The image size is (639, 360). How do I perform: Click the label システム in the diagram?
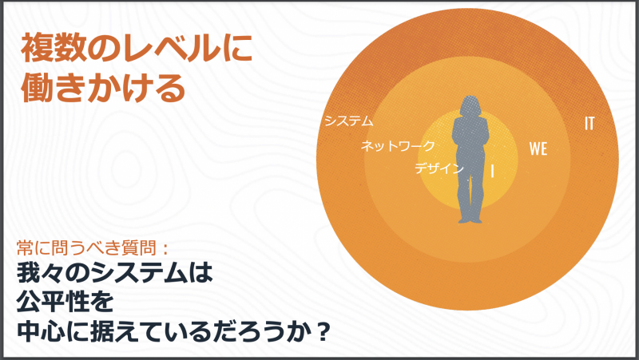click(348, 121)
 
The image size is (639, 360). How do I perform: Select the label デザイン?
click(439, 168)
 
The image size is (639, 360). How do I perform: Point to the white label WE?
click(538, 148)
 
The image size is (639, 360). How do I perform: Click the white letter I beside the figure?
click(492, 171)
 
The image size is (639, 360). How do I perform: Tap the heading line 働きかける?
click(104, 89)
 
